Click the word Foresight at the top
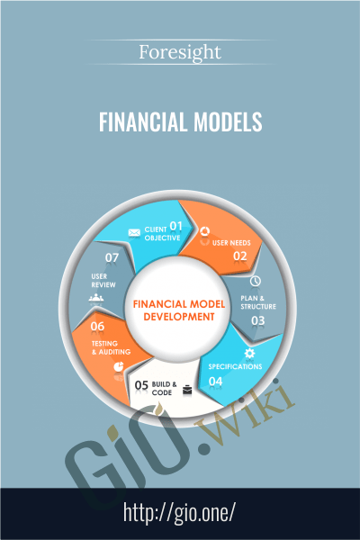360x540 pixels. tap(180, 53)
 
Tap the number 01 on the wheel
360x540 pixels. tap(176, 226)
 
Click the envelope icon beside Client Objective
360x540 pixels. tap(134, 233)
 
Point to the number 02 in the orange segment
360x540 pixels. tap(240, 256)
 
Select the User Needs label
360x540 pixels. tap(231, 243)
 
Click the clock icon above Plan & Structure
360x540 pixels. tap(255, 281)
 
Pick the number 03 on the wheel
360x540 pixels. tap(257, 320)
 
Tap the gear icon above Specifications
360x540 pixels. tap(249, 353)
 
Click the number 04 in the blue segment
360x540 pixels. tap(215, 382)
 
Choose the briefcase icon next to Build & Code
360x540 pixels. tap(187, 390)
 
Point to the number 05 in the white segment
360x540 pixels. tap(141, 385)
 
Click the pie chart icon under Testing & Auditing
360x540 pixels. tap(119, 366)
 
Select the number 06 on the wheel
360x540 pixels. tap(97, 326)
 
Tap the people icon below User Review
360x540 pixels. tap(96, 298)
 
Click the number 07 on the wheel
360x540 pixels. tap(112, 257)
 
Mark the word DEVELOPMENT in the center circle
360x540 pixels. tap(179, 317)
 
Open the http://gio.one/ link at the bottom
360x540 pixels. tap(179, 513)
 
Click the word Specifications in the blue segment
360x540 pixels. tap(235, 366)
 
